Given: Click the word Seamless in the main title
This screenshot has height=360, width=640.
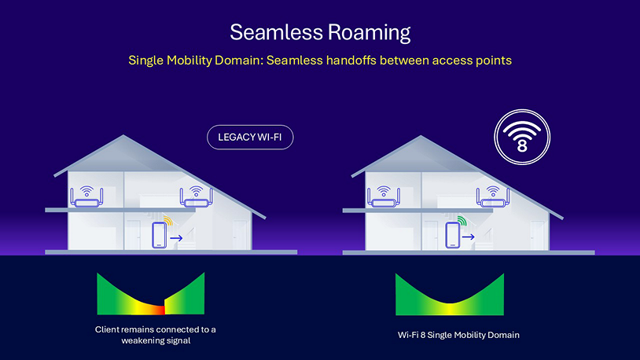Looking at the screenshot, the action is tap(276, 32).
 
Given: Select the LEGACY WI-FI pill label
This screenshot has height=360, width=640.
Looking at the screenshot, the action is tap(250, 137).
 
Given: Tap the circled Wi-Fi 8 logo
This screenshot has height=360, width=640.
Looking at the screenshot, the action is tap(522, 137).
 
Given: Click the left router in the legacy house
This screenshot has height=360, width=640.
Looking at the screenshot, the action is tap(86, 197).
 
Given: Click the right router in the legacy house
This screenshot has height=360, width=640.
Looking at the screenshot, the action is tap(197, 197).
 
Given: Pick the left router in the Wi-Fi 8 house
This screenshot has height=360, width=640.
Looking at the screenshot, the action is tap(384, 197).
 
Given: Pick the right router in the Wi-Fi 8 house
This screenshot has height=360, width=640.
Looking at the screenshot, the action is tap(493, 197).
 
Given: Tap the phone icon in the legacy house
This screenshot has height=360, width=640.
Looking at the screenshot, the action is tap(159, 235).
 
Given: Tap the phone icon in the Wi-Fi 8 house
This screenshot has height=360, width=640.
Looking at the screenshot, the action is tap(452, 235).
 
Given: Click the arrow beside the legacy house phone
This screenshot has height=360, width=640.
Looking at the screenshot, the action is tap(176, 238).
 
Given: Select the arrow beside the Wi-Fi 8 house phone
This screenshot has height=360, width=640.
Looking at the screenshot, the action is tap(468, 237).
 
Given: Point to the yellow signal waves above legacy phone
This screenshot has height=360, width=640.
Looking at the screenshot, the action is tap(169, 221).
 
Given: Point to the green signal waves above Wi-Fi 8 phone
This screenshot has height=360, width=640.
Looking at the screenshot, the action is tap(462, 221).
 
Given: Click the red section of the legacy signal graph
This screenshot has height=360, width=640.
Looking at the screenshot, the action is tap(158, 310).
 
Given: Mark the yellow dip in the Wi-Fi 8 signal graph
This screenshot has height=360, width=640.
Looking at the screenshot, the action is tap(450, 309).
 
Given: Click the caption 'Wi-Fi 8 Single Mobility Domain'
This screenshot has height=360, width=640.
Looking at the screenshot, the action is tap(458, 335).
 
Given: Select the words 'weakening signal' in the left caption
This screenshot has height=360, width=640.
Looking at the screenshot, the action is tap(156, 340).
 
